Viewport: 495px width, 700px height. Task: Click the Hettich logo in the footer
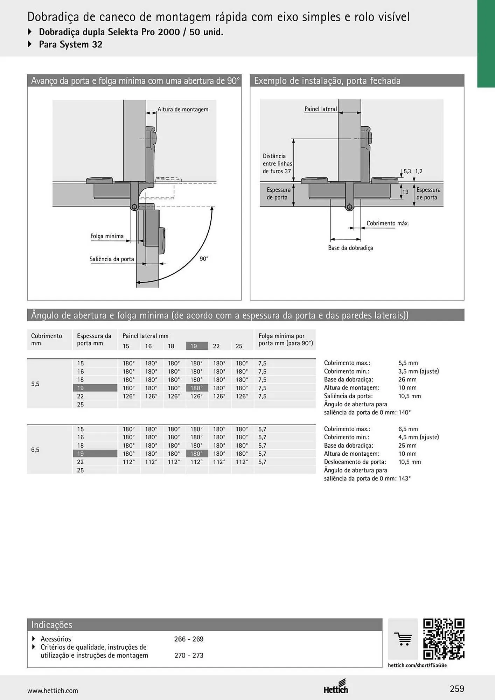[x=336, y=686]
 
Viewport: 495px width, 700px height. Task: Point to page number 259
[x=457, y=689]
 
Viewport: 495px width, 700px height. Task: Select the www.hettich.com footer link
[x=53, y=691]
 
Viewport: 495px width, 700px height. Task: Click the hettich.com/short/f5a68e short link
[x=417, y=665]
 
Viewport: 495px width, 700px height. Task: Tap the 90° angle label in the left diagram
[x=204, y=259]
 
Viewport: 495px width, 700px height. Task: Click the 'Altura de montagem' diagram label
[x=183, y=109]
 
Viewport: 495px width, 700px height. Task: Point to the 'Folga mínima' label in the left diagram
[x=107, y=236]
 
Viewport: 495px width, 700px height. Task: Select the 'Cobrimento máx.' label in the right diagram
[x=388, y=223]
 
